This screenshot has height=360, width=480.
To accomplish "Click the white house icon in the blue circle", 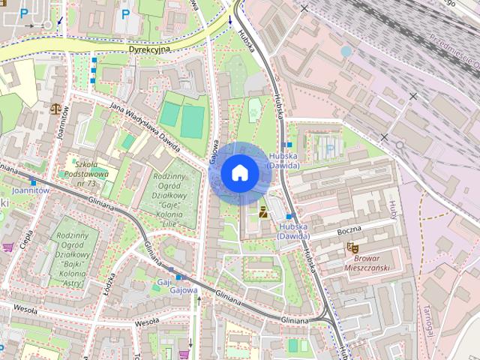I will (x=239, y=173).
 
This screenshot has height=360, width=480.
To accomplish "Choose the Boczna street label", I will (x=349, y=227).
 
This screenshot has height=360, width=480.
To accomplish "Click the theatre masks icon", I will (x=351, y=247).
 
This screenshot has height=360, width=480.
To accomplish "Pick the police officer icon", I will (x=263, y=212).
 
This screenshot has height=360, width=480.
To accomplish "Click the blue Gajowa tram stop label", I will (x=184, y=290).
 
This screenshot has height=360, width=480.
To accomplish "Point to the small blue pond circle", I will (x=346, y=51).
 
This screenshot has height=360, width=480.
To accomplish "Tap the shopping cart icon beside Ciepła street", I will (x=8, y=247).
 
